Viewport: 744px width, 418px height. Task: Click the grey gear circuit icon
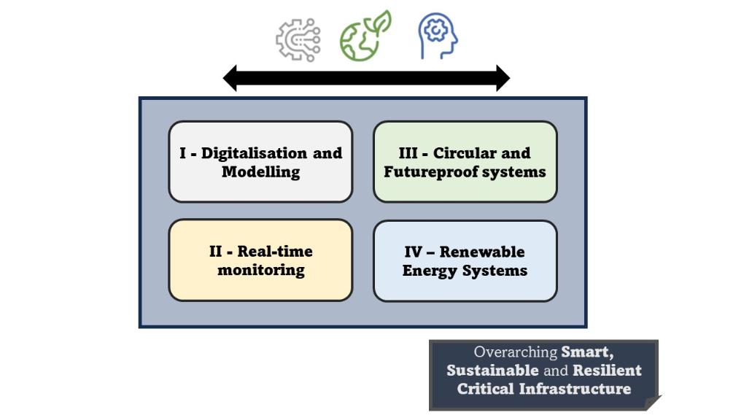point(298,39)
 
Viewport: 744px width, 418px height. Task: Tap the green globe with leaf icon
point(365,36)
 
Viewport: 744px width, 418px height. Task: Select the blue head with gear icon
point(438,36)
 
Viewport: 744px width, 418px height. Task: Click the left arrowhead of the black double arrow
point(230,78)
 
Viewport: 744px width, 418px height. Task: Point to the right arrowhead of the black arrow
point(503,78)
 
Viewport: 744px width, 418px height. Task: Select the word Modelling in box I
point(260,172)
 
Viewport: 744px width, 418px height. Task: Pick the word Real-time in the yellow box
point(275,252)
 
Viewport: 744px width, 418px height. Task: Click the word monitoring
point(260,270)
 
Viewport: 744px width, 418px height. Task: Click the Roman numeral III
point(408,153)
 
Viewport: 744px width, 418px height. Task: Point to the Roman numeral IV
point(413,252)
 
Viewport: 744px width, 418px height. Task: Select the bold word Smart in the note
point(587,352)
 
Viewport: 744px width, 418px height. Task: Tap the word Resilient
point(607,371)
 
